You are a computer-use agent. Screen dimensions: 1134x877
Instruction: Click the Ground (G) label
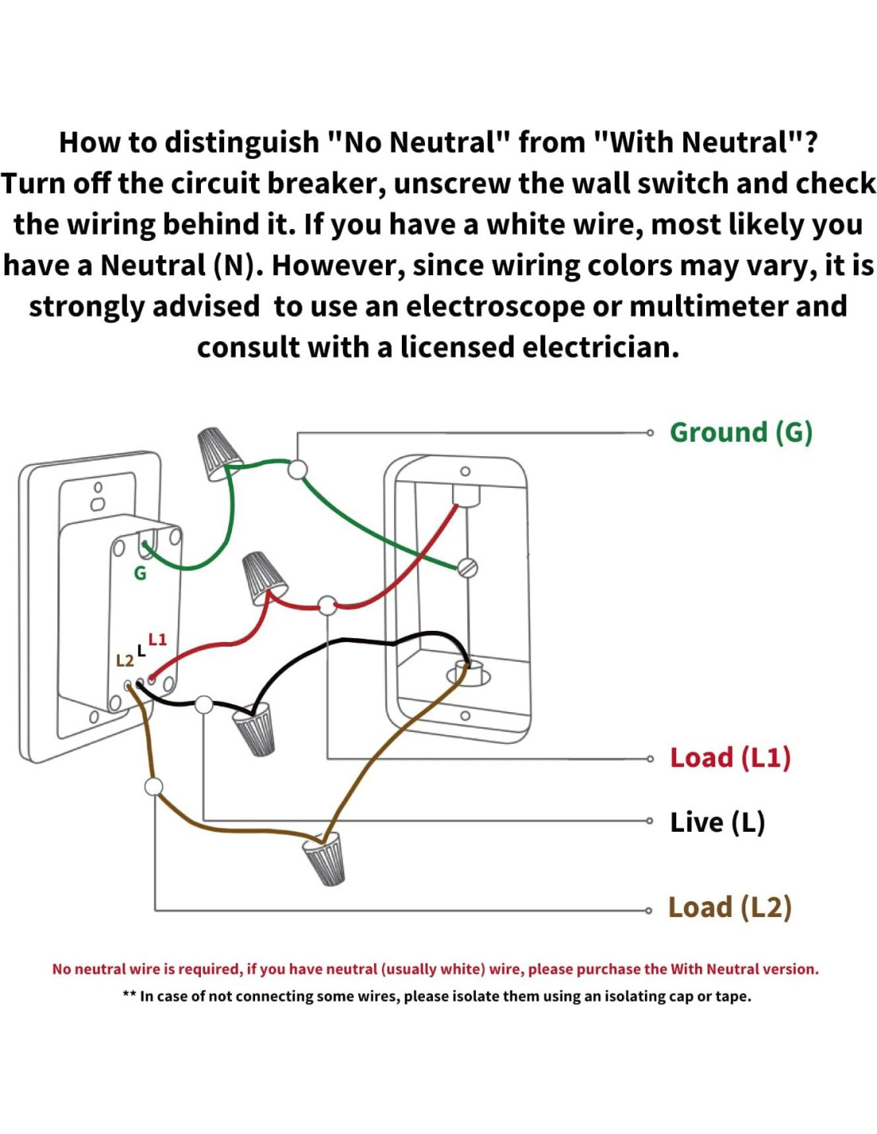(741, 432)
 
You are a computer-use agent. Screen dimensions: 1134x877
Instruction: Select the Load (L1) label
(730, 758)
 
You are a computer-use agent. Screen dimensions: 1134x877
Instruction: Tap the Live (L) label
(717, 822)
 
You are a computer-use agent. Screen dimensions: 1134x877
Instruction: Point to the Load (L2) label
(730, 908)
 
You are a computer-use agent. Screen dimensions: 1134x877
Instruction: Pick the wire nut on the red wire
(264, 577)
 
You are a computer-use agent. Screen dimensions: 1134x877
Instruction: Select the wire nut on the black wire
(255, 730)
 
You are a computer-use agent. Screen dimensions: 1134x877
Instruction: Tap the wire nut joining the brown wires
(325, 858)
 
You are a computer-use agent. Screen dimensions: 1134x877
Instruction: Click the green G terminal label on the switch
(140, 573)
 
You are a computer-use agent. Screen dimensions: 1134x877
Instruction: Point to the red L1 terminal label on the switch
(158, 640)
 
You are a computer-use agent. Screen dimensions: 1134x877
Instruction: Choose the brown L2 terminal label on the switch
(125, 661)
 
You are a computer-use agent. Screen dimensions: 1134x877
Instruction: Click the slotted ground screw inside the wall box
(468, 568)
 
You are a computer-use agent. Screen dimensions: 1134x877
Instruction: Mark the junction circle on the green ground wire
(297, 469)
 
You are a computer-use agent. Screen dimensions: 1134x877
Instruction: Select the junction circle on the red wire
(328, 605)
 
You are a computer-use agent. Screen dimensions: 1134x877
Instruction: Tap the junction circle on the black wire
(204, 705)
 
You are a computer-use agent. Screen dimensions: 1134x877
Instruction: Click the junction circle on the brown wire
(154, 787)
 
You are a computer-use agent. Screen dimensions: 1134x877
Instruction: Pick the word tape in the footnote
(734, 996)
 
